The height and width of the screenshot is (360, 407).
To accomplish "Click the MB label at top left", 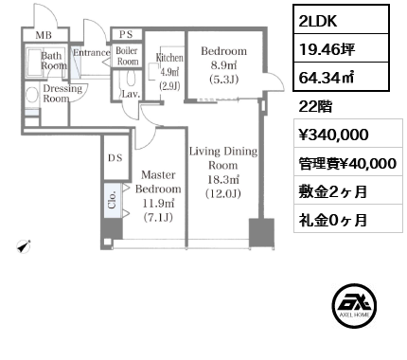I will [x=44, y=36].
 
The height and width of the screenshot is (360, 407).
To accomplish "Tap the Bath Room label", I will [x=53, y=61].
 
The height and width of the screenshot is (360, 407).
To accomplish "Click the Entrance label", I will [x=92, y=53].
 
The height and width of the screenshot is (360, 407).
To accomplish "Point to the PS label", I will [x=124, y=35].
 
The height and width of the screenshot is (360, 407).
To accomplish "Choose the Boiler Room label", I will [x=127, y=56].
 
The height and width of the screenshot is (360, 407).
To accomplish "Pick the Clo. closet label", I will [x=111, y=201].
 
